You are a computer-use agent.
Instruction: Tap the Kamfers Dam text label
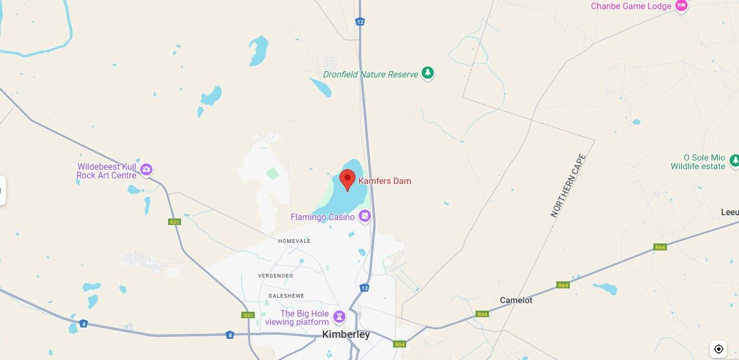(x=384, y=181)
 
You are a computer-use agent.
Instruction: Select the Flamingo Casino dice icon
(x=365, y=217)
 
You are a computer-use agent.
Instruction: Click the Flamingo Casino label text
(x=323, y=217)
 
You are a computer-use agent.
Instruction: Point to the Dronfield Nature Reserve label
(x=370, y=74)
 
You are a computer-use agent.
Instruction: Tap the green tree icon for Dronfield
(x=428, y=73)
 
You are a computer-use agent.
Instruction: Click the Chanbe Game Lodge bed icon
(x=682, y=6)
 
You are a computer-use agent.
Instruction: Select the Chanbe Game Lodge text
(x=631, y=7)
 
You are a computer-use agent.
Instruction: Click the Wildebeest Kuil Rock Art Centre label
(x=107, y=171)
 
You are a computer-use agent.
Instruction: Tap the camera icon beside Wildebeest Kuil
(x=146, y=170)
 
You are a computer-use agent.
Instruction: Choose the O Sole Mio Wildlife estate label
(x=698, y=162)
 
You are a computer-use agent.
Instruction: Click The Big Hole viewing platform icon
(x=339, y=316)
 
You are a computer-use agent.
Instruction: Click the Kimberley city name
(x=346, y=335)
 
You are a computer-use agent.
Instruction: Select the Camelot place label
(x=516, y=300)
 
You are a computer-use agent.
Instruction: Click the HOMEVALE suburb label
(x=294, y=241)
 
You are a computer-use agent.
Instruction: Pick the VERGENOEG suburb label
(x=275, y=276)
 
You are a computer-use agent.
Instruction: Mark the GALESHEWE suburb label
(x=286, y=296)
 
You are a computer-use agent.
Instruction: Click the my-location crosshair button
(x=718, y=349)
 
